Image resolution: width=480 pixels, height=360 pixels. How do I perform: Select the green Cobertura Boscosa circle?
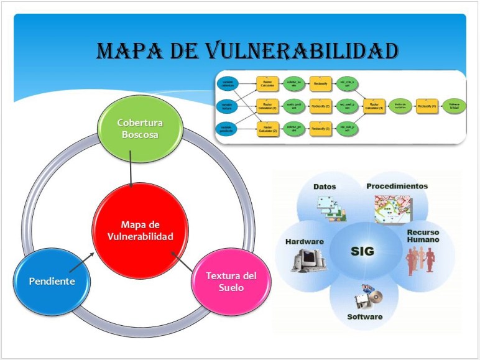pyautogui.click(x=139, y=128)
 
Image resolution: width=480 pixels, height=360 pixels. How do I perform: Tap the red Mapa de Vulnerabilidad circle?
pyautogui.click(x=132, y=230)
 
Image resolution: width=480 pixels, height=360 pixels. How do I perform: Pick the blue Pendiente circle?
pyautogui.click(x=52, y=281)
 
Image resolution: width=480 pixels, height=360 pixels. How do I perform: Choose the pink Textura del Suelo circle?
pyautogui.click(x=230, y=281)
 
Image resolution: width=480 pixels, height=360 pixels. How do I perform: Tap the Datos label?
pyautogui.click(x=325, y=187)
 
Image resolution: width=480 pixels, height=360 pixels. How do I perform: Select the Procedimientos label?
pyautogui.click(x=397, y=186)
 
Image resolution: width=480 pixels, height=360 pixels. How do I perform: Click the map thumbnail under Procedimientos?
pyautogui.click(x=392, y=209)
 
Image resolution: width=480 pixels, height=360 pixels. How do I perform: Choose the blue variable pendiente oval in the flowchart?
pyautogui.click(x=227, y=129)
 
